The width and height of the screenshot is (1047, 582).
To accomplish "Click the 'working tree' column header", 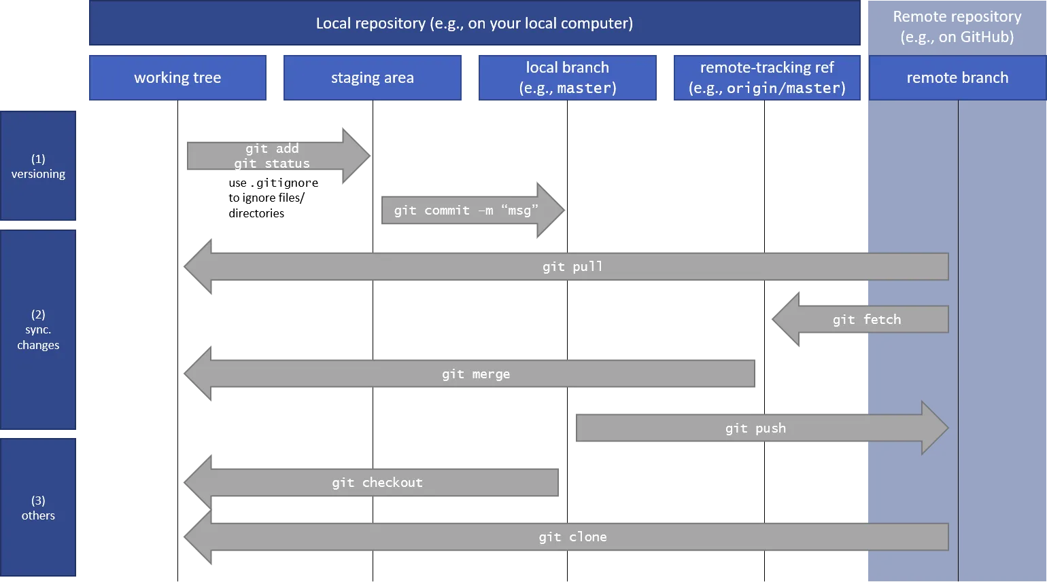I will (x=177, y=78).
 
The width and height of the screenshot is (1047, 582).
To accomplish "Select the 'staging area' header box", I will (x=372, y=78).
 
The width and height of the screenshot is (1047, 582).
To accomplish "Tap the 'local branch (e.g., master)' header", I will (x=568, y=78).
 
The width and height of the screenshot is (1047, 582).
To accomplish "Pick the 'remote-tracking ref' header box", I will (x=766, y=78).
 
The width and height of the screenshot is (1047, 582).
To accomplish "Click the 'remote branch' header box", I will (x=957, y=78).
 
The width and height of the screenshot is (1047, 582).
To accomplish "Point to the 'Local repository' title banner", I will (x=474, y=24).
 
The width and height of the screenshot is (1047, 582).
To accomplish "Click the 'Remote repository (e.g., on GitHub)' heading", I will (x=957, y=26).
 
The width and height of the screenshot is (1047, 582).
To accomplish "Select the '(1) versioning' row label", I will (x=38, y=166).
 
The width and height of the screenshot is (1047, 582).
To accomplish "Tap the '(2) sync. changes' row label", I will (x=38, y=329).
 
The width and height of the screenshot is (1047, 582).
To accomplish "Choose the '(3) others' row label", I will (x=38, y=508).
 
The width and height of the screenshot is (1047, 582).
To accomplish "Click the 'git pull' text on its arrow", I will (x=572, y=267).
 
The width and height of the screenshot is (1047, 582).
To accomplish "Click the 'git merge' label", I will (x=476, y=374).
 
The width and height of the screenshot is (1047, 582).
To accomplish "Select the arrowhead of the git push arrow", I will (x=934, y=428).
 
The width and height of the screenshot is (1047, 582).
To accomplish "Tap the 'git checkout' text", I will (x=377, y=483).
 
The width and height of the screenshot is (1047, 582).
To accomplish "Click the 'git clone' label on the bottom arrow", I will (x=572, y=537).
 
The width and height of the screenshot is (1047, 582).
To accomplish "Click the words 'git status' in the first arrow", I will (x=272, y=164).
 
